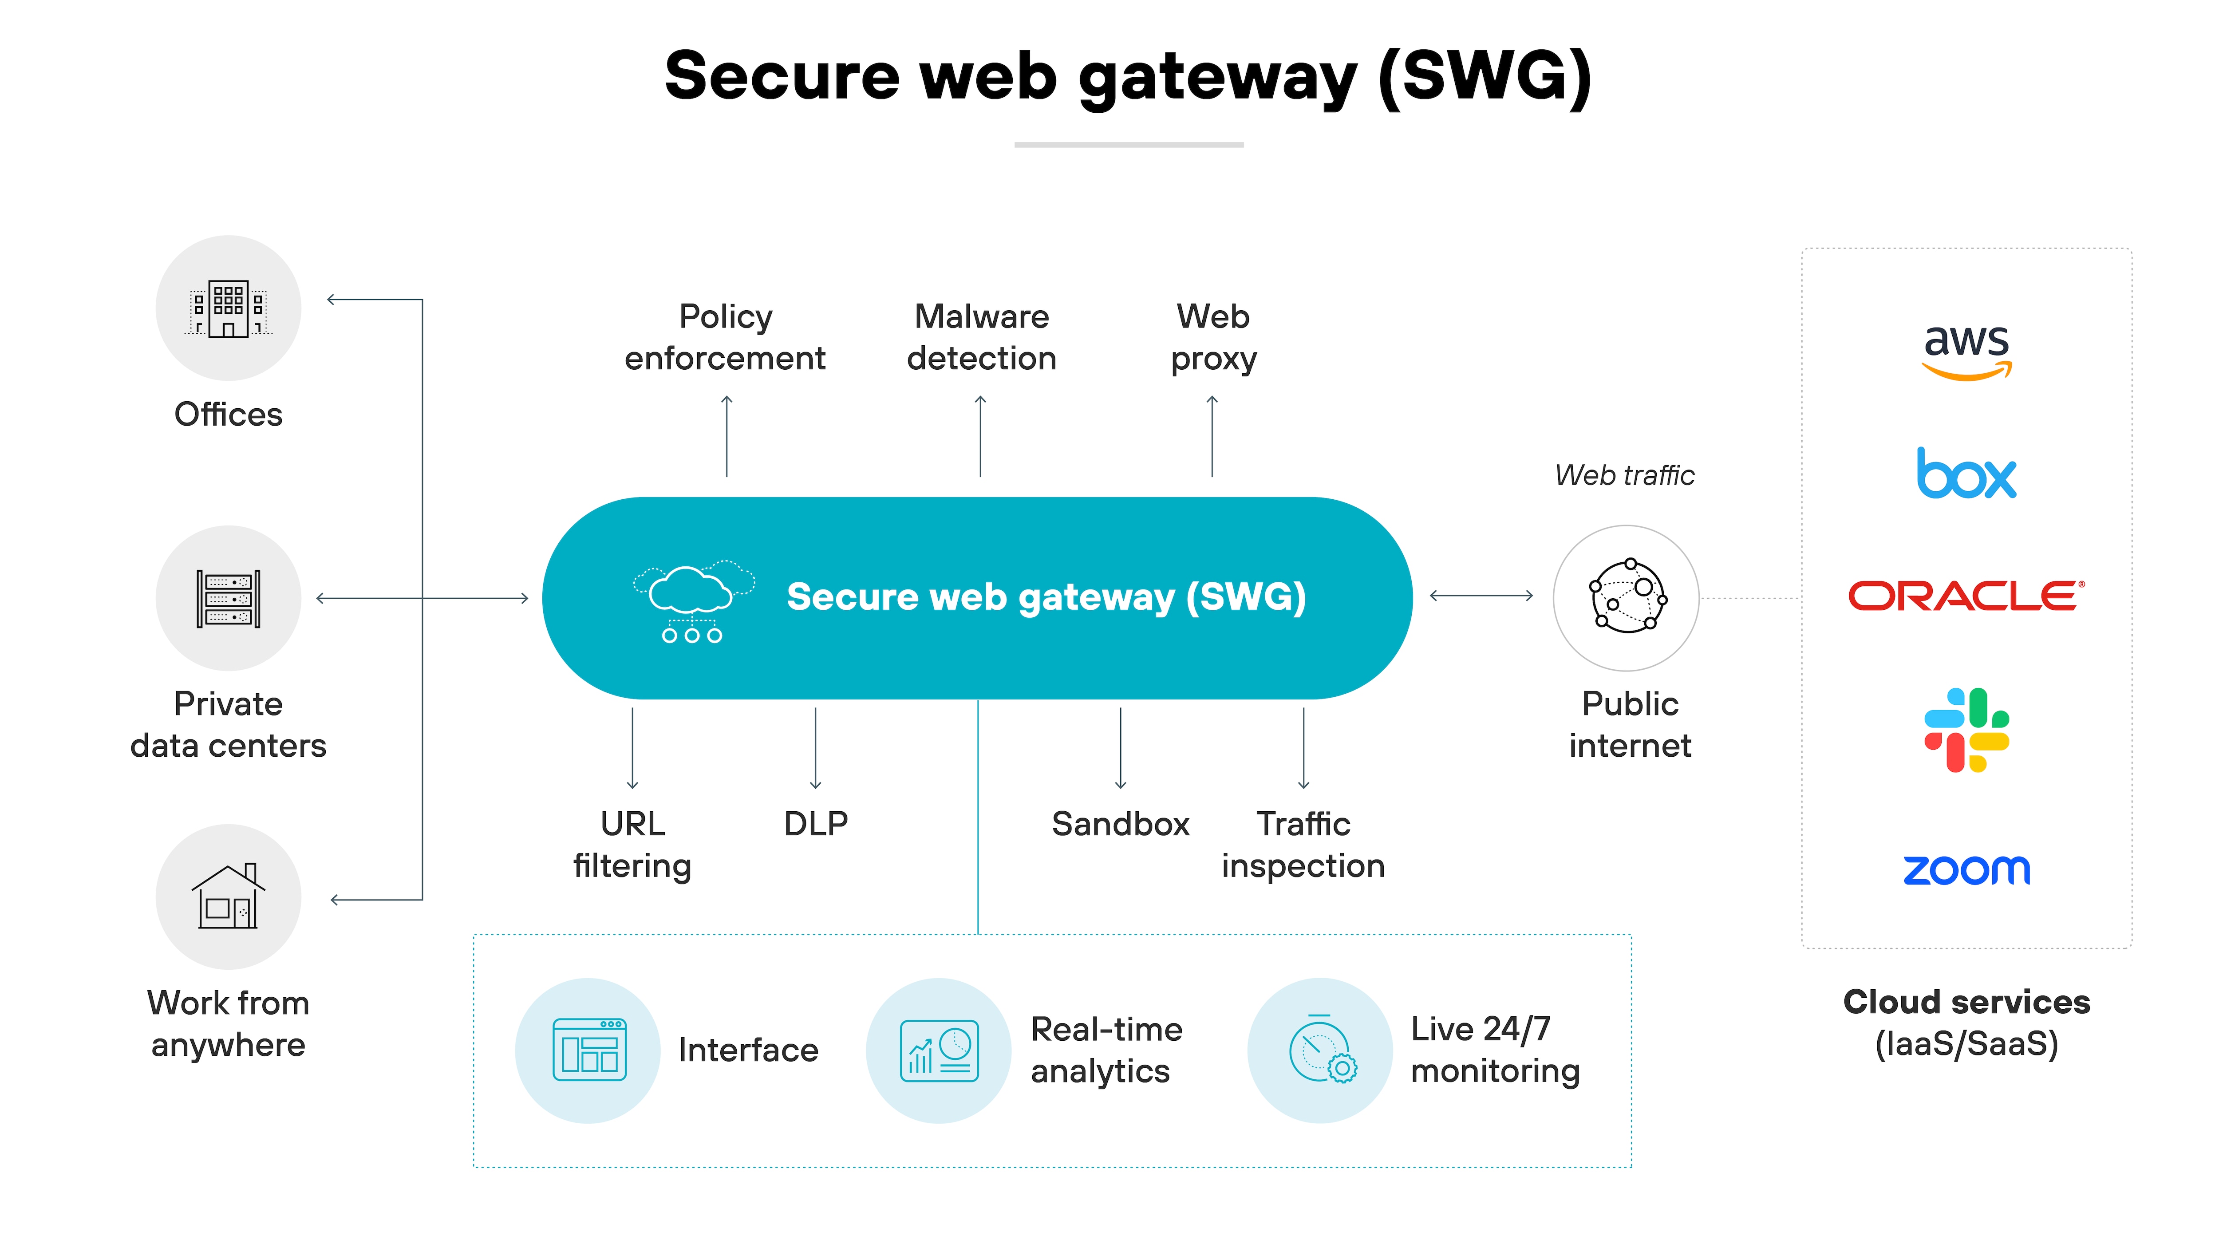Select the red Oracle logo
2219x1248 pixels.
pos(1966,596)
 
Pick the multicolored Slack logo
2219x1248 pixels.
pos(1966,731)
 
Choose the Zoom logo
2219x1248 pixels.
pos(1966,870)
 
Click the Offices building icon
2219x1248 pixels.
pos(228,308)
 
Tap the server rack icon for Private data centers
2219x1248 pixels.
pos(228,599)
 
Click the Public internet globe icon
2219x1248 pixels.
pos(1627,597)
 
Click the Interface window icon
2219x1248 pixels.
pos(589,1050)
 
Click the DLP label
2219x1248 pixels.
pos(816,824)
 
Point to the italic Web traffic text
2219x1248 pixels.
pos(1625,475)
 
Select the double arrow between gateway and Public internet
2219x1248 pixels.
pos(1482,595)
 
